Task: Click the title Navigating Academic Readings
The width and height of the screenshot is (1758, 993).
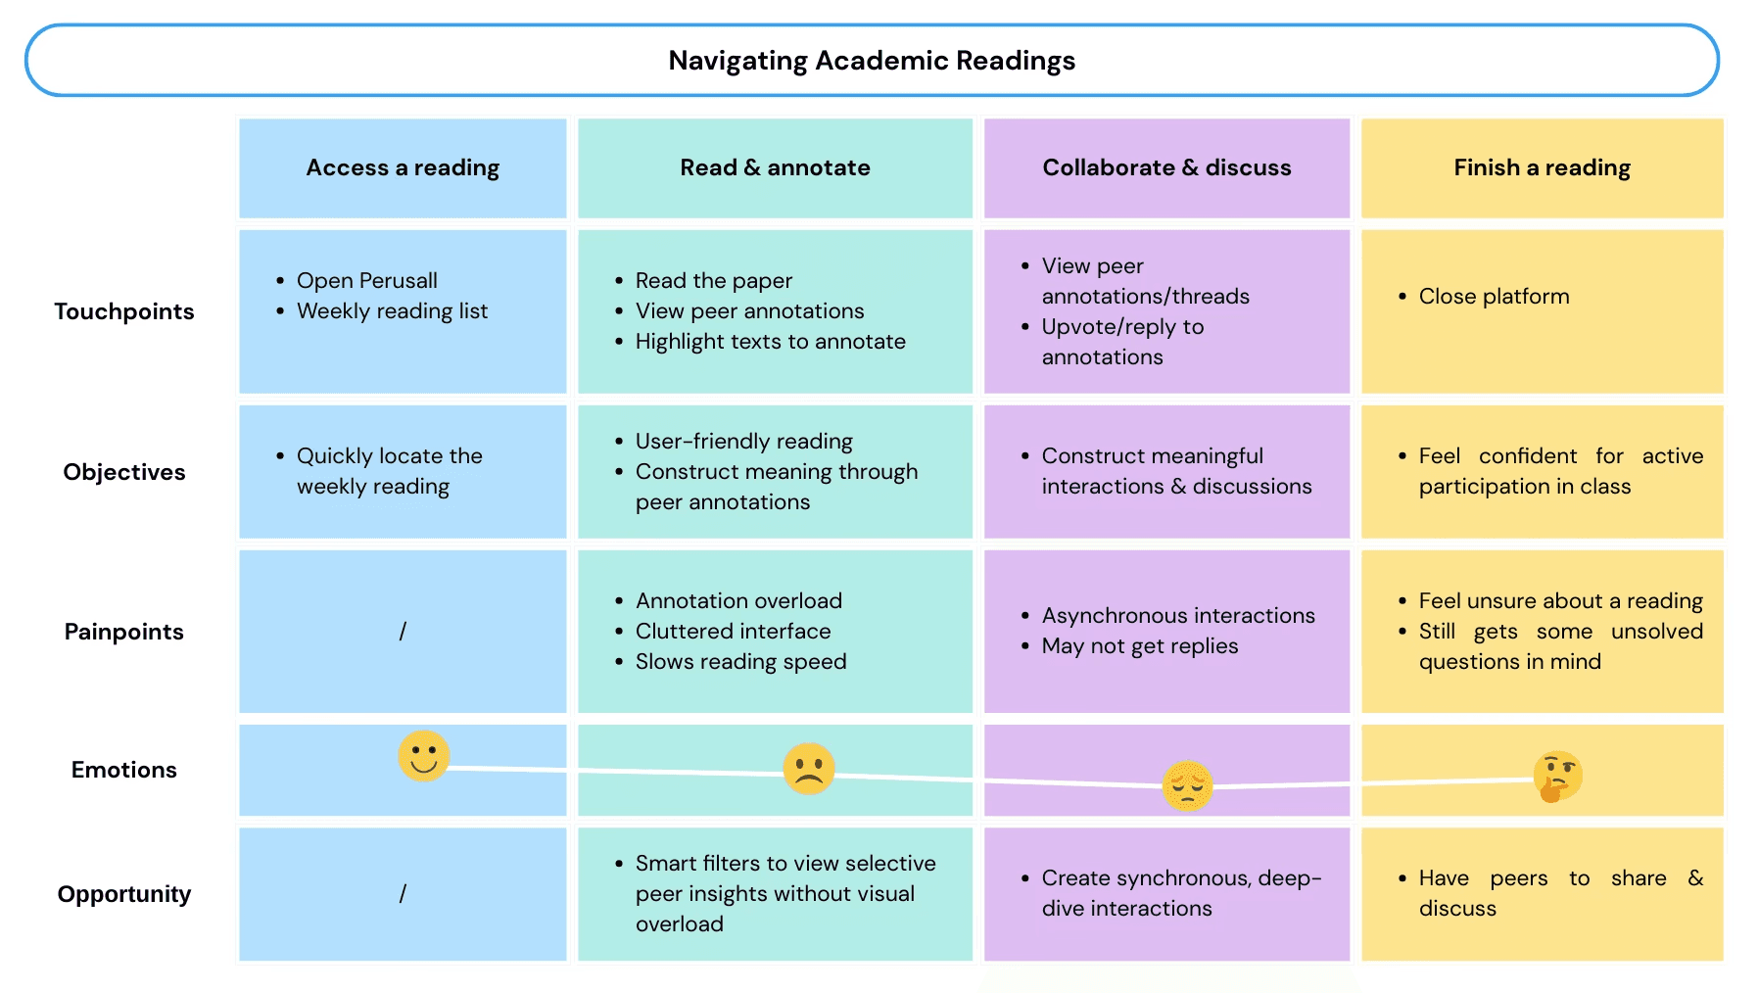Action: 872,61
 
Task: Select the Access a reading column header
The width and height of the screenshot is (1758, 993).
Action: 403,167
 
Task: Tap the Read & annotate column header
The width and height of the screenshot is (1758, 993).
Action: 775,167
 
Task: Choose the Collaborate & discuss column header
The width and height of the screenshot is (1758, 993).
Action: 1166,167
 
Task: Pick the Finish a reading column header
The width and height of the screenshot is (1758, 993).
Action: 1542,167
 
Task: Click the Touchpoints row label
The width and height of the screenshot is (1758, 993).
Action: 124,311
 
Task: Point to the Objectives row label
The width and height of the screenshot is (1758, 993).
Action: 124,472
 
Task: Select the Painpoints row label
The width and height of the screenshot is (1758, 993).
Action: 124,632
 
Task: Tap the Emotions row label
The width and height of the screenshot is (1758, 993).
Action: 124,770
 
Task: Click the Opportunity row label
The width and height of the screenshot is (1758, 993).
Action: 124,894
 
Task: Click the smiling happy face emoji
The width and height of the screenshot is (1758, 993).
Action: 424,756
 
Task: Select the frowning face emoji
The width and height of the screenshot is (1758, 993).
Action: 809,769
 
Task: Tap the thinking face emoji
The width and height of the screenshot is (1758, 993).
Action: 1557,777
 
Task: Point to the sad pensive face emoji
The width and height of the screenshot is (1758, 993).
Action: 1187,785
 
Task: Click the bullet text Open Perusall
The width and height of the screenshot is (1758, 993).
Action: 366,281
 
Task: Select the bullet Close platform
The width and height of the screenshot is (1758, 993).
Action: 1494,297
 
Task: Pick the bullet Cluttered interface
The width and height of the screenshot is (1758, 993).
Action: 733,632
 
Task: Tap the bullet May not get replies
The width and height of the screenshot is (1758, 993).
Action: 1139,646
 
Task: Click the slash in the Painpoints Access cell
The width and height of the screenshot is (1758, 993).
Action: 403,632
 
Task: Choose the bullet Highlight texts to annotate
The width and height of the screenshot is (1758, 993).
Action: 770,342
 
